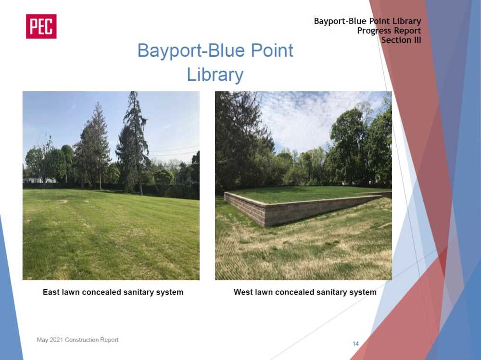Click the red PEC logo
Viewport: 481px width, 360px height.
pos(41,26)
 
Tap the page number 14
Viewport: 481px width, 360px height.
pos(355,344)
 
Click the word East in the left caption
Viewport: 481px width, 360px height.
pos(51,292)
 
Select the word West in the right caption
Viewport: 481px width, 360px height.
pos(243,292)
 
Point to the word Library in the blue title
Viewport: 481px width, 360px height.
pos(215,74)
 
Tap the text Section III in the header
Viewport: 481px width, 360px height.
pos(401,40)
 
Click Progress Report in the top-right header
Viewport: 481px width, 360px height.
pos(389,31)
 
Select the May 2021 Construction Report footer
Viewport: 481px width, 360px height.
pos(77,340)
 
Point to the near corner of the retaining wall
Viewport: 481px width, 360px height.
pos(265,226)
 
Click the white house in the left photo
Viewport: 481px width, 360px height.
pos(39,180)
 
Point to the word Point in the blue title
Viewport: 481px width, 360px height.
pos(272,50)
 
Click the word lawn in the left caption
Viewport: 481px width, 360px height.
pos(71,292)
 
